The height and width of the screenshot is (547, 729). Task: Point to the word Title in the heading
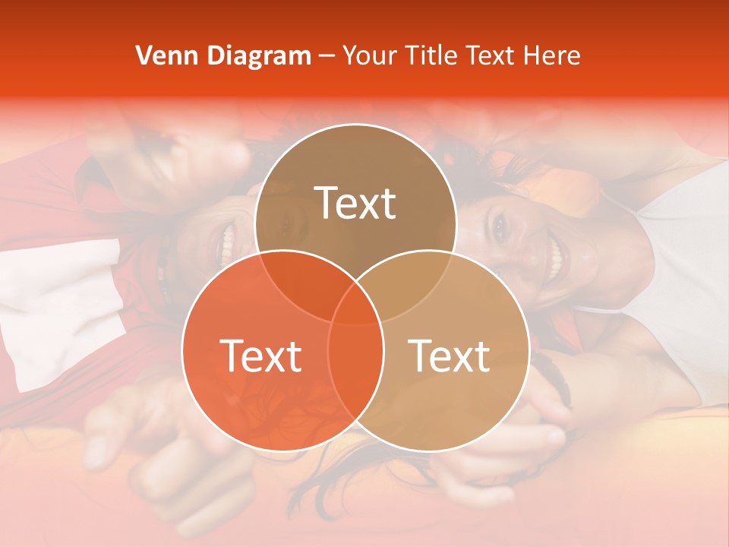click(431, 55)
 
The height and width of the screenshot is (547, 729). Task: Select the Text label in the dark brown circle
click(355, 203)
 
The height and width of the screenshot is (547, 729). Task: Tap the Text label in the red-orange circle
click(260, 356)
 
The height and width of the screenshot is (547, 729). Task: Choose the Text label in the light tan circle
click(450, 356)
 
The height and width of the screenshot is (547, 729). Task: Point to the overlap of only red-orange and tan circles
click(355, 372)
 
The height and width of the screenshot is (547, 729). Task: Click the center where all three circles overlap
click(355, 304)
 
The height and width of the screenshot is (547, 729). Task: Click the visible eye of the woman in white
click(500, 225)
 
